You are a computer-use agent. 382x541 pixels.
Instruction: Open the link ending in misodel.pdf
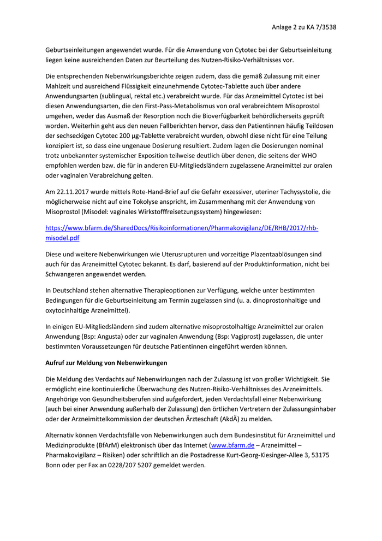[62, 238]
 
